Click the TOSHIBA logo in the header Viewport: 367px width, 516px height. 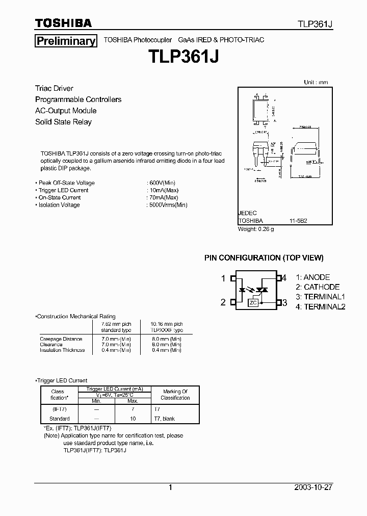pyautogui.click(x=63, y=23)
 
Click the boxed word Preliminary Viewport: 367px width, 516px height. pyautogui.click(x=66, y=41)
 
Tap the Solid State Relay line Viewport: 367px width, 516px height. pyautogui.click(x=63, y=122)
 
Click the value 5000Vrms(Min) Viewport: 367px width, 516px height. pyautogui.click(x=168, y=205)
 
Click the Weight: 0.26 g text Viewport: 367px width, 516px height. pyautogui.click(x=256, y=229)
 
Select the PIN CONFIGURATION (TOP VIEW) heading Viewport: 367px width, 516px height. pyautogui.click(x=264, y=258)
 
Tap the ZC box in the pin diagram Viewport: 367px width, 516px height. pyautogui.click(x=253, y=303)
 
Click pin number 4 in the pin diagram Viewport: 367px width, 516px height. pyautogui.click(x=284, y=278)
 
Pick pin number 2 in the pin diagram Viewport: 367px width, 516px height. pyautogui.click(x=223, y=302)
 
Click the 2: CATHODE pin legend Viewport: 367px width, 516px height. pyautogui.click(x=318, y=287)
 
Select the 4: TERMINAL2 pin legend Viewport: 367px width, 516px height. pyautogui.click(x=321, y=306)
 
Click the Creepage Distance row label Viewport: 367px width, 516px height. pyautogui.click(x=61, y=339)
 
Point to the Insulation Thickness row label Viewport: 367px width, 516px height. pyautogui.click(x=63, y=350)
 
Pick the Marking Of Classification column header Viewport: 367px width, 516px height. pyautogui.click(x=175, y=395)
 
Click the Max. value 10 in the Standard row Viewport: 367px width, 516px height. pyautogui.click(x=133, y=419)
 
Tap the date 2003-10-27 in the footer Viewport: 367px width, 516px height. pyautogui.click(x=313, y=487)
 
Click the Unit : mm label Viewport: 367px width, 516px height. pyautogui.click(x=316, y=82)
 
